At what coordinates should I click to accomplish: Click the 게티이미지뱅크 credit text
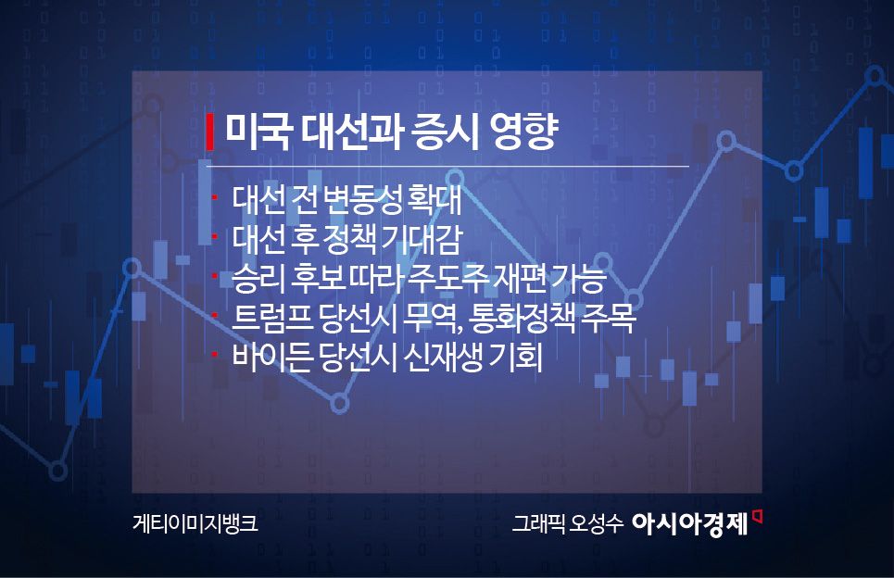(x=195, y=522)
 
